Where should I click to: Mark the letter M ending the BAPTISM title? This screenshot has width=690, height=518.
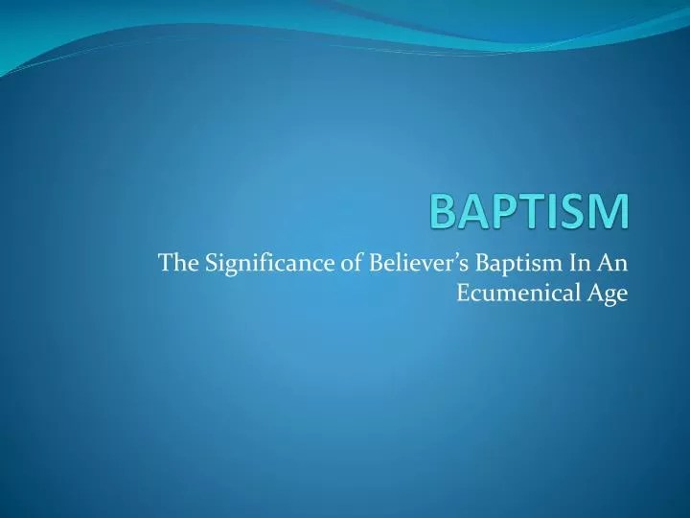pos(614,211)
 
